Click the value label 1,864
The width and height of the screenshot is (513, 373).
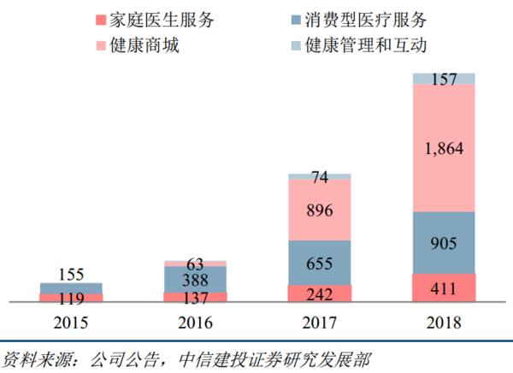click(x=444, y=150)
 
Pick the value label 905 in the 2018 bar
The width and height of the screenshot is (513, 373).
click(x=444, y=243)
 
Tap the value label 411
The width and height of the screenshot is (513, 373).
click(x=444, y=288)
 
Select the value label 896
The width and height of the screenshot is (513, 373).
click(x=320, y=210)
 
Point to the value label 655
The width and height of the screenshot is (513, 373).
click(x=320, y=264)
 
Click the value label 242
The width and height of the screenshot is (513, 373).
click(x=320, y=293)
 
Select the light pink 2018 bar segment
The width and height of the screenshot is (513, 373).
click(x=444, y=180)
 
